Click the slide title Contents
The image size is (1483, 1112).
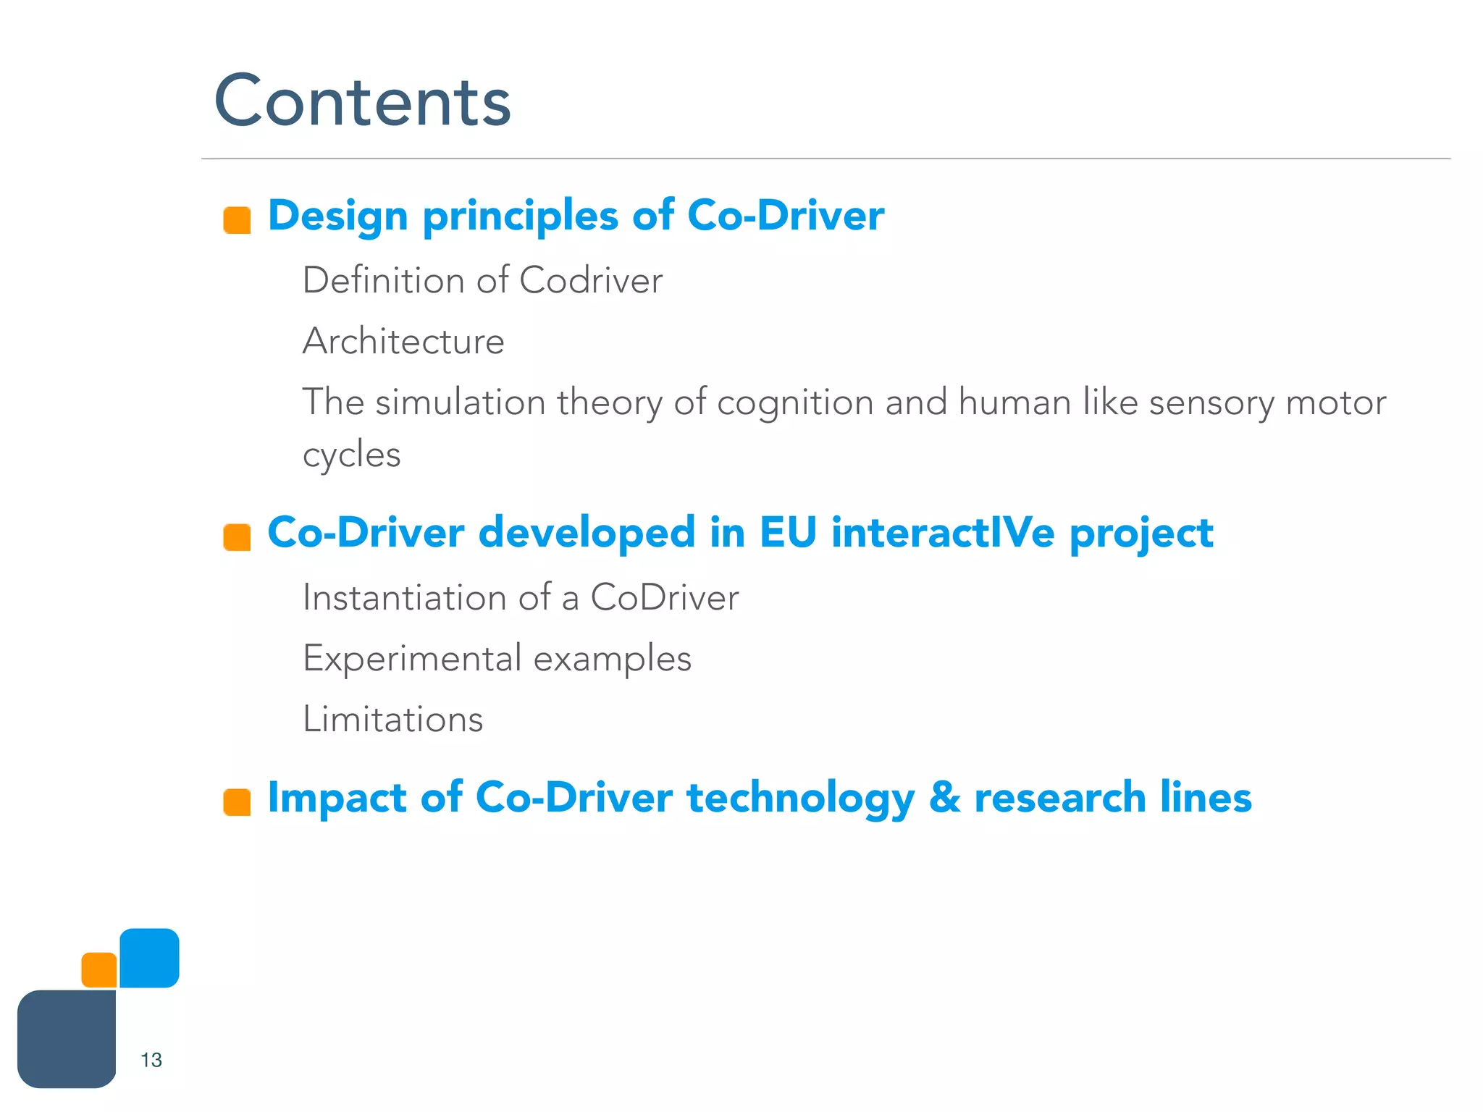tap(362, 101)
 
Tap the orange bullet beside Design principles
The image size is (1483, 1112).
tap(237, 220)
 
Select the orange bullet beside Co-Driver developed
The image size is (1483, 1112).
tap(237, 537)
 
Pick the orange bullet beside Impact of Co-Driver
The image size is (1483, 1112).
tap(237, 802)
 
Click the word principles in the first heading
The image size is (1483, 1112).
tap(520, 216)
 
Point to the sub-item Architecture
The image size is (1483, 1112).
tap(403, 341)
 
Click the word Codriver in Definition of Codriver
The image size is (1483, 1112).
tap(590, 280)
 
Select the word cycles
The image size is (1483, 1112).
tap(351, 455)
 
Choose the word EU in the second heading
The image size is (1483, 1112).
tap(788, 533)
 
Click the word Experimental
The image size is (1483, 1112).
tap(412, 659)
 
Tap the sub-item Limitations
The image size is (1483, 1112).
tap(392, 719)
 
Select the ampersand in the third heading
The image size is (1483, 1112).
tap(944, 798)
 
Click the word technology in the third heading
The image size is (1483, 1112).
tap(800, 799)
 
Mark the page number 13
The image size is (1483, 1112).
tap(151, 1060)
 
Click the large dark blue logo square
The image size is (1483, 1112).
tap(67, 1039)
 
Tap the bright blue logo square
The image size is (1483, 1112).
tap(149, 958)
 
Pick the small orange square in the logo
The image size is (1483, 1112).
tap(99, 970)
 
